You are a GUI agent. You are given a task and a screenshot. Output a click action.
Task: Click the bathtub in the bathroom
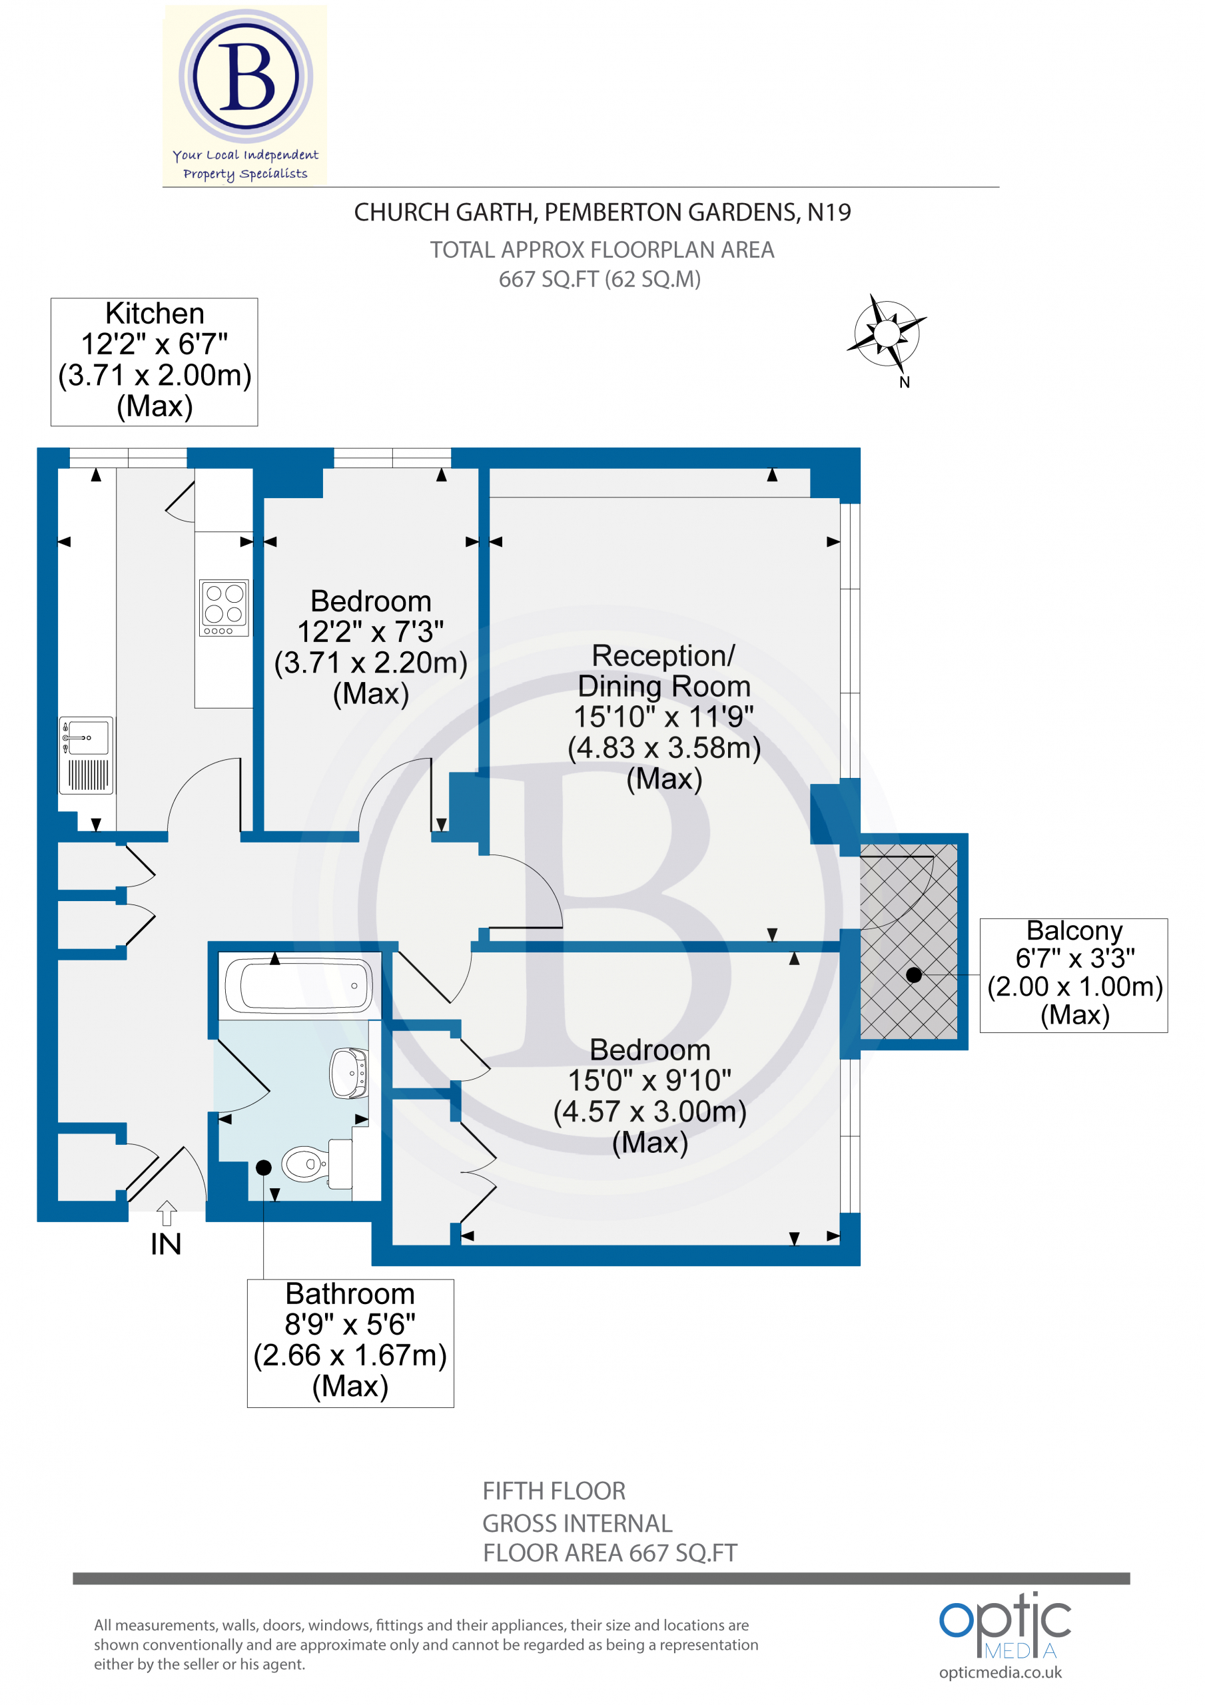click(x=298, y=986)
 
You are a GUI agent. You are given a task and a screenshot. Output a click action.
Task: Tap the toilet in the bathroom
click(x=316, y=1164)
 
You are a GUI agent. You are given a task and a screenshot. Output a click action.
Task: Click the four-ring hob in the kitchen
click(x=224, y=607)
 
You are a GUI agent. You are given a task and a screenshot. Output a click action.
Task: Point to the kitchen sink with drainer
click(x=86, y=755)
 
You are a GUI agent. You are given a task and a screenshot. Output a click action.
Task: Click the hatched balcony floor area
click(x=909, y=941)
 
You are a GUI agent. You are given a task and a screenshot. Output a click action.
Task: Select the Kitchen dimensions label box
click(x=155, y=362)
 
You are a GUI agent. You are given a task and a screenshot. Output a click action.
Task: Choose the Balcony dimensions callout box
click(x=1074, y=975)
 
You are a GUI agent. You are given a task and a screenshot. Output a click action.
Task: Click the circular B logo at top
click(x=246, y=77)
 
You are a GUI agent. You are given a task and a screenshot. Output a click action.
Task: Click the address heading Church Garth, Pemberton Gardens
click(x=602, y=212)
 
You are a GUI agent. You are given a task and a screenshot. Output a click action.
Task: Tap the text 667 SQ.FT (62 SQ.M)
click(x=600, y=279)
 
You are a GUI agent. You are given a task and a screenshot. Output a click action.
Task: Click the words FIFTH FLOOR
click(x=554, y=1491)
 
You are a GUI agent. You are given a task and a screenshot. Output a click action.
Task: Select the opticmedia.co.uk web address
click(x=1000, y=1673)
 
